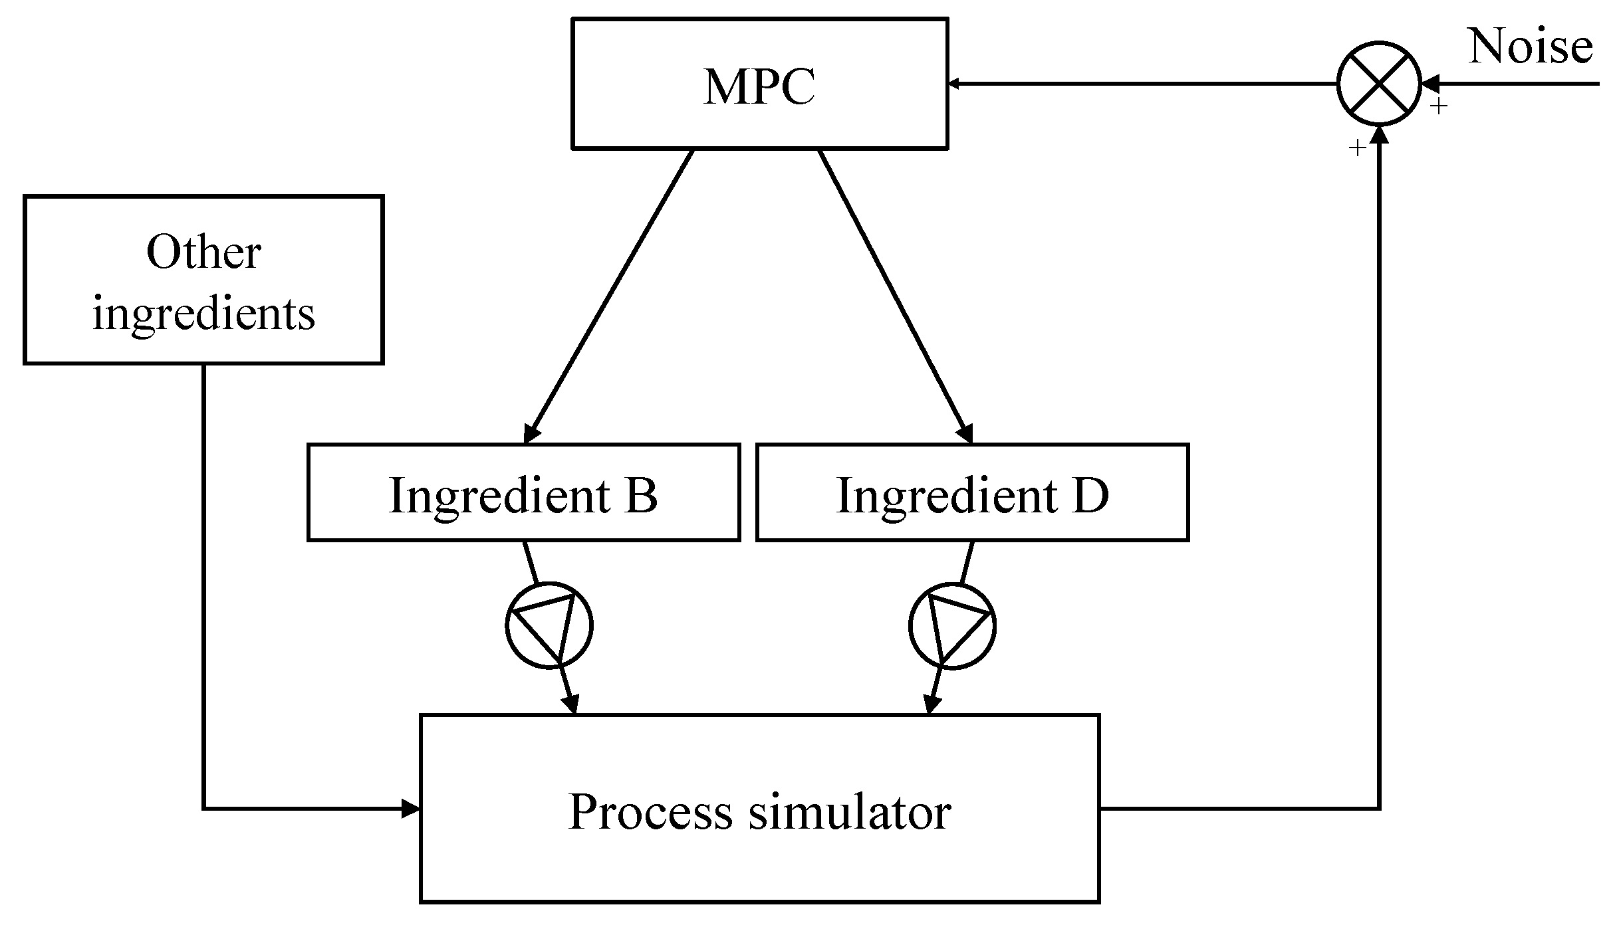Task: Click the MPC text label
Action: (759, 86)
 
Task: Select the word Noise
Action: (1530, 47)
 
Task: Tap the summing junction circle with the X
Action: (1380, 84)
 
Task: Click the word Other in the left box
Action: (203, 253)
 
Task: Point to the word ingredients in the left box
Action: (203, 314)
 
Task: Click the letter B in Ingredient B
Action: (641, 495)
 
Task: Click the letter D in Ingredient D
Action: (1090, 495)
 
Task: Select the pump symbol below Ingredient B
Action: (549, 625)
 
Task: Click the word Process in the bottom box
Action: (650, 811)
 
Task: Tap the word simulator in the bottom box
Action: (850, 811)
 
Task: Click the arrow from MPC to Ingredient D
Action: (895, 296)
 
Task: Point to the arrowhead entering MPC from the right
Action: (955, 84)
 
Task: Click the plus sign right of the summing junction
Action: (1438, 106)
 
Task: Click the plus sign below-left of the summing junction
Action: (1356, 148)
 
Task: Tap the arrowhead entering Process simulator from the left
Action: (412, 809)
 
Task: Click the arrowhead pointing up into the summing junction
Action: (1380, 134)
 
